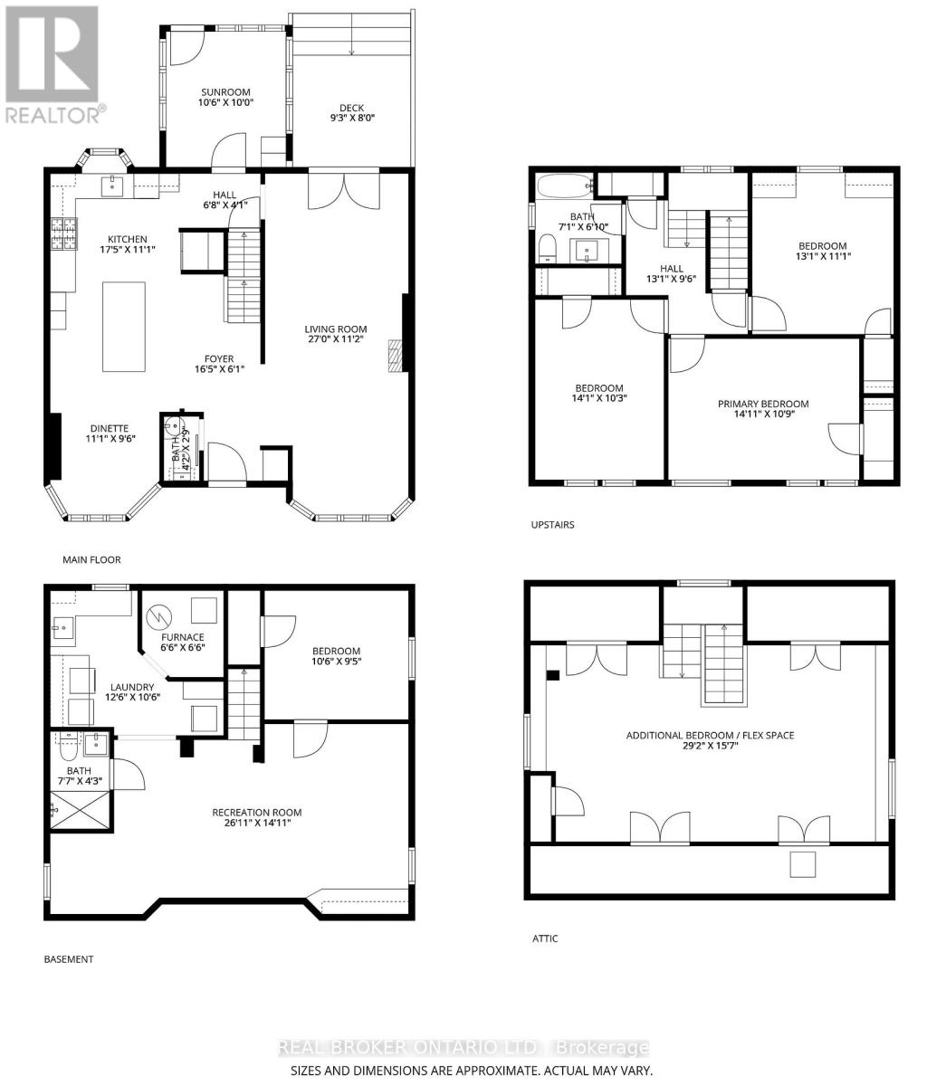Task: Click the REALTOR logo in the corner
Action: [53, 63]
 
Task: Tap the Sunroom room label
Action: [225, 91]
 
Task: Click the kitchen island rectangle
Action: [124, 326]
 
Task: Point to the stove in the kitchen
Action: [63, 233]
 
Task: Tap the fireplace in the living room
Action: [393, 356]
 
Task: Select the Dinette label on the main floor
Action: [109, 428]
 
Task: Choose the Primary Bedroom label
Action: [763, 404]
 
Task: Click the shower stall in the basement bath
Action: [81, 812]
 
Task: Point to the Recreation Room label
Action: [257, 812]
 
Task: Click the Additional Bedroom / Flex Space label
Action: [710, 735]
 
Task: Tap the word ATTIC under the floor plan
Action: [545, 938]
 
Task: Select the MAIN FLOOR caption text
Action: [91, 560]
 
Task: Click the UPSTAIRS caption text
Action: [552, 525]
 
